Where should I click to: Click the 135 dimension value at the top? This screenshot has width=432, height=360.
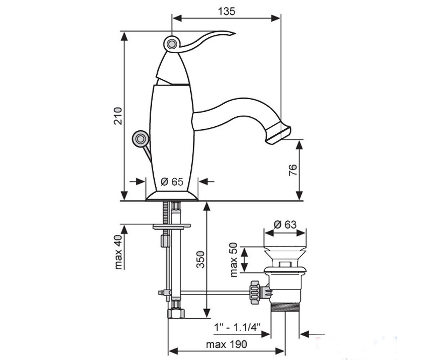pyautogui.click(x=226, y=12)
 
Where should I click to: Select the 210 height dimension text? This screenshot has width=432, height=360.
pyautogui.click(x=118, y=116)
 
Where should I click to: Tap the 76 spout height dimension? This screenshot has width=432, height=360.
pyautogui.click(x=293, y=170)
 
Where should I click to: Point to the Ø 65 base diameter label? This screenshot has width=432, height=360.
pyautogui.click(x=172, y=182)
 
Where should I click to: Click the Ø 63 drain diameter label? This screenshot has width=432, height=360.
pyautogui.click(x=285, y=225)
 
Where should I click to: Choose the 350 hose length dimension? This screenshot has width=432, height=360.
pyautogui.click(x=200, y=260)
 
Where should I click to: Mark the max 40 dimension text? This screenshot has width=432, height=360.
pyautogui.click(x=118, y=252)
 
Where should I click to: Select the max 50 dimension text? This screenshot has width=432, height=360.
pyautogui.click(x=234, y=260)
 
